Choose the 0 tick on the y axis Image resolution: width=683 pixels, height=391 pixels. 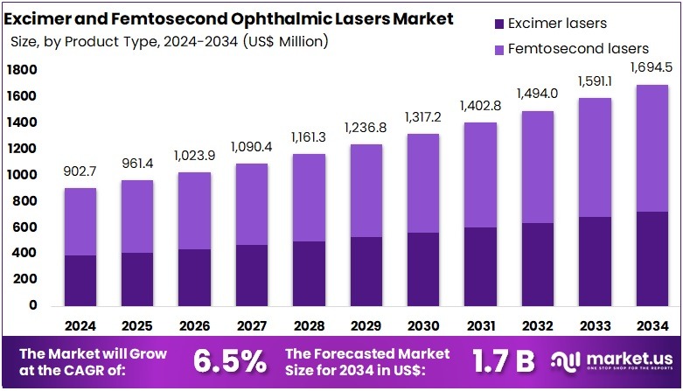[33, 306]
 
